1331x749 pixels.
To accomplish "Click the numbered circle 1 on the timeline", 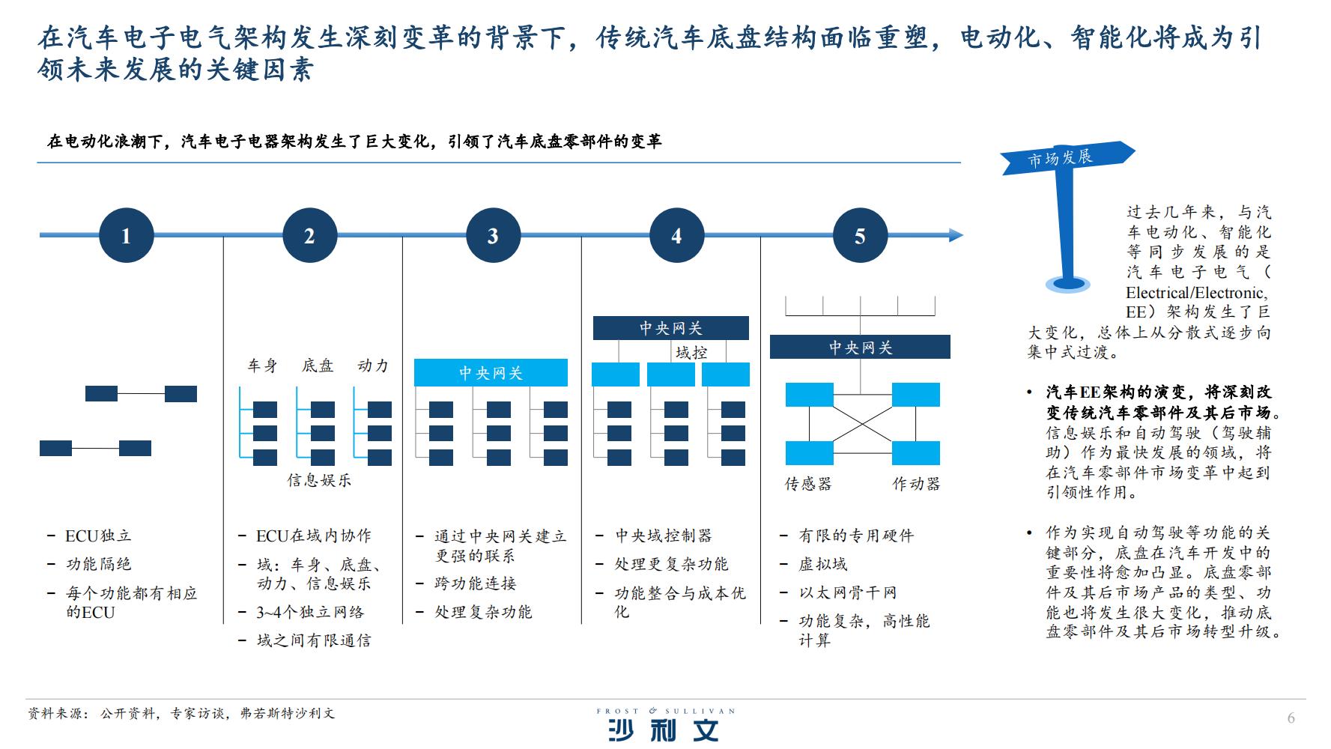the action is pyautogui.click(x=126, y=235).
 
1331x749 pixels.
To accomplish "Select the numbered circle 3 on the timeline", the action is pyautogui.click(x=493, y=235).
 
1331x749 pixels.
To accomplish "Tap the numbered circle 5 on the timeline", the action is pyautogui.click(x=860, y=235).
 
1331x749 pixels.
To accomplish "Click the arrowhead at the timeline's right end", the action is pyautogui.click(x=956, y=235).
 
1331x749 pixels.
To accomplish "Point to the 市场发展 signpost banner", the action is pyautogui.click(x=1067, y=158).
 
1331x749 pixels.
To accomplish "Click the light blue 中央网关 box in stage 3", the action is pyautogui.click(x=491, y=373).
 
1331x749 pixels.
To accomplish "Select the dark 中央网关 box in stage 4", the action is pyautogui.click(x=670, y=328).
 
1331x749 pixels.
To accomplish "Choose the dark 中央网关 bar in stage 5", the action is pyautogui.click(x=860, y=347).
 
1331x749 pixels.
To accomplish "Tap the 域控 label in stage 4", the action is pyautogui.click(x=691, y=352).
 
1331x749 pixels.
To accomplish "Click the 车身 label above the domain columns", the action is pyautogui.click(x=262, y=366).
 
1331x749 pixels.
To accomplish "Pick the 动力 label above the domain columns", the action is pyautogui.click(x=373, y=366).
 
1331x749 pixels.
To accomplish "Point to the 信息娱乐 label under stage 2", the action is pyautogui.click(x=319, y=480).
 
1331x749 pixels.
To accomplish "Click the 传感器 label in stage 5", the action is pyautogui.click(x=808, y=484).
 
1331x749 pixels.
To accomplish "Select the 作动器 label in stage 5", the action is pyautogui.click(x=916, y=484).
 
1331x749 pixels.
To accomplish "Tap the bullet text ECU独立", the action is pyautogui.click(x=98, y=536).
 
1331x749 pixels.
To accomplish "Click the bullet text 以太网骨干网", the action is pyautogui.click(x=848, y=592).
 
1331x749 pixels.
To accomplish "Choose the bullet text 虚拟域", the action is pyautogui.click(x=823, y=564).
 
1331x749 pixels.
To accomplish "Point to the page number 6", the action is pyautogui.click(x=1291, y=718).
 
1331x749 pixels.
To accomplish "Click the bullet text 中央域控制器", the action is pyautogui.click(x=664, y=536).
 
